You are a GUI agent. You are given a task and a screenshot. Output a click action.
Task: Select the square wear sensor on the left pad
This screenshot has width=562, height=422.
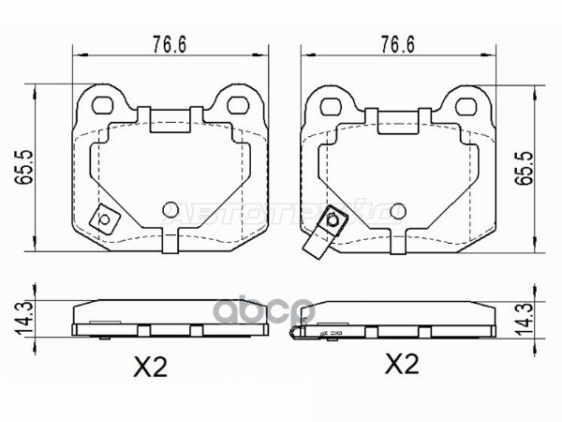(x=103, y=220)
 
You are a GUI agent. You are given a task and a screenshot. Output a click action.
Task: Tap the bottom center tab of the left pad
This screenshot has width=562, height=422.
(x=170, y=242)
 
